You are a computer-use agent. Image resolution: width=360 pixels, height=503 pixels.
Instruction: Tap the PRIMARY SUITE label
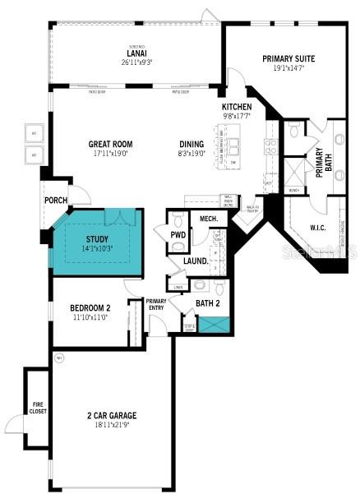pyautogui.click(x=288, y=58)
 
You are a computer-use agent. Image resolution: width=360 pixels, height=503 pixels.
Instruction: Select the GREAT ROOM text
pyautogui.click(x=110, y=145)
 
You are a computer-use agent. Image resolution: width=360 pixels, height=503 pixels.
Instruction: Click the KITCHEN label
pyautogui.click(x=235, y=108)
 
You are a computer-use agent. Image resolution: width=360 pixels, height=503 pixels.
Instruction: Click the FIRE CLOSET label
pyautogui.click(x=37, y=405)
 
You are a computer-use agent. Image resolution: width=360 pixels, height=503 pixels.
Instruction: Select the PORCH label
pyautogui.click(x=56, y=200)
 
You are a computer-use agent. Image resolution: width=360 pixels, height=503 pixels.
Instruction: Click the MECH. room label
pyautogui.click(x=208, y=219)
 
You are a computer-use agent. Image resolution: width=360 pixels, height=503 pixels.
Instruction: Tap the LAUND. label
pyautogui.click(x=196, y=261)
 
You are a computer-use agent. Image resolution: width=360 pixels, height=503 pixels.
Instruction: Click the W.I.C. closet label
pyautogui.click(x=319, y=227)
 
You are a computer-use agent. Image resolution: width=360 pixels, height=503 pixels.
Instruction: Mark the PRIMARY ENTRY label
pyautogui.click(x=156, y=304)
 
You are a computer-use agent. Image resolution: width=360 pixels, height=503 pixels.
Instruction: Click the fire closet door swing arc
pyautogui.click(x=16, y=424)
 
